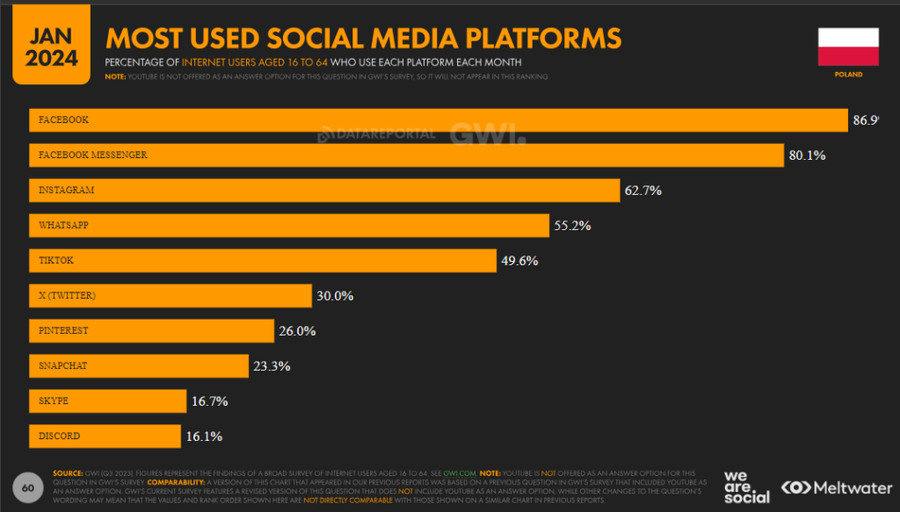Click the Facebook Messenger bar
(x=405, y=155)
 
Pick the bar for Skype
(x=106, y=401)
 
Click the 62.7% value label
(x=643, y=191)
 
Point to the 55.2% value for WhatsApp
(x=572, y=226)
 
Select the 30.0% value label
(x=335, y=296)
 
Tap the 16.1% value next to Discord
(x=204, y=436)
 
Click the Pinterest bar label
(x=63, y=331)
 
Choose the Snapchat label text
(x=62, y=366)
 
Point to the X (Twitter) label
(x=67, y=296)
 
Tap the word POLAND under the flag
(x=848, y=75)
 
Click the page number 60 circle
(x=27, y=487)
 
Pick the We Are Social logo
(x=746, y=487)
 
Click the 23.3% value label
(x=272, y=366)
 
